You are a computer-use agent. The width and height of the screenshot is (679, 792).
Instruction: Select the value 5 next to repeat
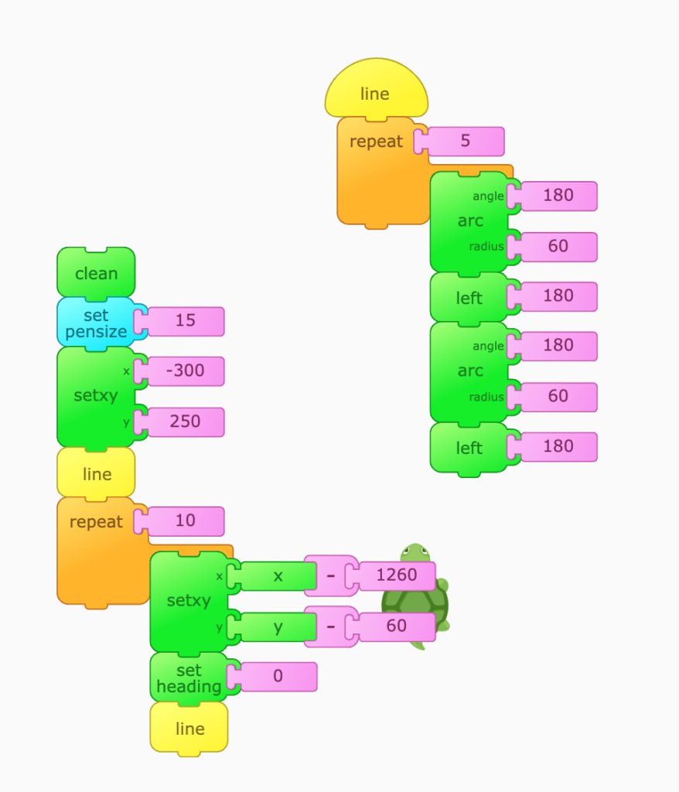pos(465,142)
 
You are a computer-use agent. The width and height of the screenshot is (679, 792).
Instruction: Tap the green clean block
pos(96,273)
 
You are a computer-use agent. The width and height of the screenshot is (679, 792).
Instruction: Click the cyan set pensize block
pos(96,323)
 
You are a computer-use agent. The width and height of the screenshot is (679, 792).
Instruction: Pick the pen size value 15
pos(186,320)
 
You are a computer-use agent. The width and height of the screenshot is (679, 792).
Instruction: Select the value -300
pos(186,370)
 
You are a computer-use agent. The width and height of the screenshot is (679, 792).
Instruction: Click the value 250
pos(186,422)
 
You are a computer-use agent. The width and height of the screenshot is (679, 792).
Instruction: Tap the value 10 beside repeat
pos(186,521)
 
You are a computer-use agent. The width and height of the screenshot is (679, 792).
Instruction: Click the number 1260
pos(396,575)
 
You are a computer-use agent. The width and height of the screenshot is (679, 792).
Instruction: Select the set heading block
pos(188,678)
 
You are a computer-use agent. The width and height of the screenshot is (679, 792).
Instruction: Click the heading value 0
pos(278,676)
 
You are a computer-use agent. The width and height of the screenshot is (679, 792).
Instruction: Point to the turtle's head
pos(415,553)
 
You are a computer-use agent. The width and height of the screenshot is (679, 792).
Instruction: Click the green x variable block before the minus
pos(278,575)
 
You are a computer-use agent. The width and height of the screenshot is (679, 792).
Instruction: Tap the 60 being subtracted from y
pos(396,626)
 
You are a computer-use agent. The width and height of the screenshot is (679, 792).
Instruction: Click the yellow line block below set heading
pos(189,729)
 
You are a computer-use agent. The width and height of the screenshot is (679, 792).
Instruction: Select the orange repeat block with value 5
pos(377,178)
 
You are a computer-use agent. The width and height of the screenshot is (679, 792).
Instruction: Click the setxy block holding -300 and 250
pos(96,396)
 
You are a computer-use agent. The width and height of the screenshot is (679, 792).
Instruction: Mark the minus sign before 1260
pos(330,575)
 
